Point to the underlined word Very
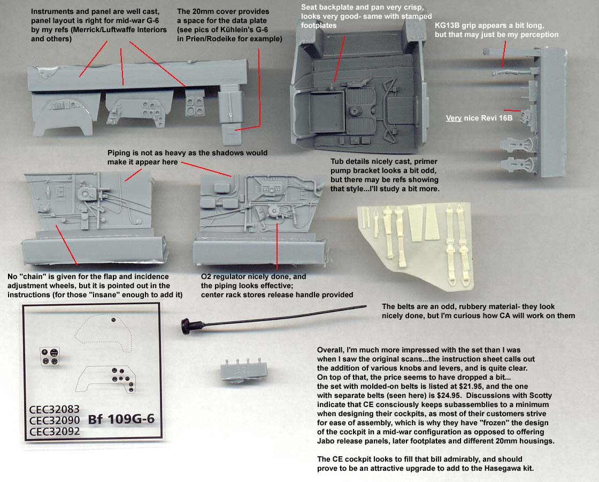click(x=454, y=118)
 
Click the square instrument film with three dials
click(x=50, y=356)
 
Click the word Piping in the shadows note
click(x=120, y=153)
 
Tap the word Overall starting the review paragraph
click(x=332, y=348)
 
